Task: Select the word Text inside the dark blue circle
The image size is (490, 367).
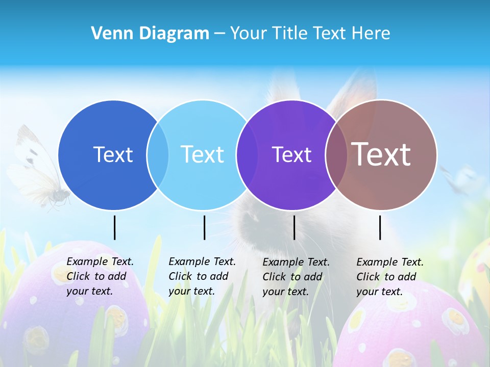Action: point(113,154)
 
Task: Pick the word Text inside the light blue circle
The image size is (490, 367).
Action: point(203,154)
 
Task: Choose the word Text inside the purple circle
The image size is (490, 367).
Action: point(292,154)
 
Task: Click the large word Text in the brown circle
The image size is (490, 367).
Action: point(381,154)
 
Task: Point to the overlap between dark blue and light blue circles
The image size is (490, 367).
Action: point(158,154)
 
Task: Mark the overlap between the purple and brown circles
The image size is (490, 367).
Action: point(334,154)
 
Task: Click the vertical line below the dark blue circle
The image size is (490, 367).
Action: point(115,227)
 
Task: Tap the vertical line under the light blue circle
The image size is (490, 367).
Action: point(204,227)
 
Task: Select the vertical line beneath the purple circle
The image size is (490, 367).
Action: point(294,227)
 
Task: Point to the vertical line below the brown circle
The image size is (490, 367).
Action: point(380,227)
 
